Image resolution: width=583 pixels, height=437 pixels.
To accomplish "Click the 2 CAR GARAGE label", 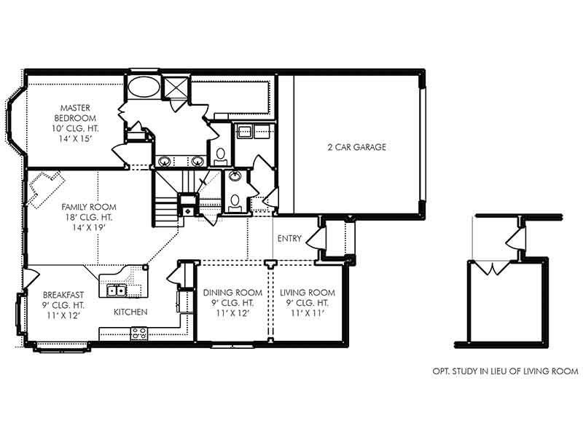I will (356, 147).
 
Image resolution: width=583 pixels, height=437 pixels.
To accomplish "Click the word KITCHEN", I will (130, 312).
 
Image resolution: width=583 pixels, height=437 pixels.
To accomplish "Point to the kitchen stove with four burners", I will (138, 334).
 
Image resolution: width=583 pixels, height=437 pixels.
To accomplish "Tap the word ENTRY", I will (289, 239).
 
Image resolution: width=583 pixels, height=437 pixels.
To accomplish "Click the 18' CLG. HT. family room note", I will (88, 216).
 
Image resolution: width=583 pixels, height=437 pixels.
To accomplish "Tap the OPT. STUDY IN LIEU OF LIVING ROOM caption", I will (505, 371).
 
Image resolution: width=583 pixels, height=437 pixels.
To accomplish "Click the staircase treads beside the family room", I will (166, 205).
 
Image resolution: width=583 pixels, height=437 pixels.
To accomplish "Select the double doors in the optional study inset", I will (496, 268).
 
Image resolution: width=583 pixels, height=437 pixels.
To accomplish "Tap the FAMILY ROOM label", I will (88, 206).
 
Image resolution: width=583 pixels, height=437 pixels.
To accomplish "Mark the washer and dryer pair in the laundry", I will (253, 133).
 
